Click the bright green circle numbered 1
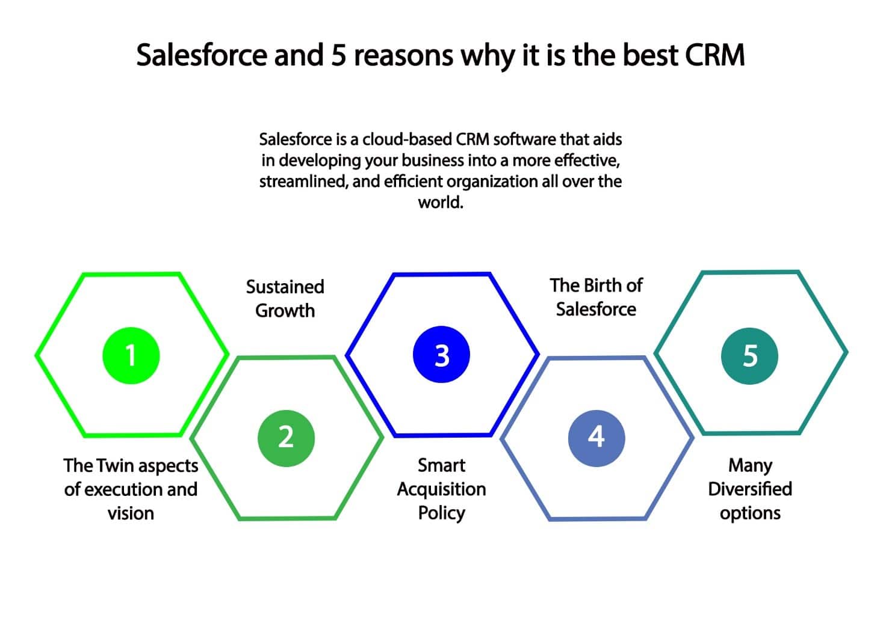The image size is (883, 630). (x=131, y=355)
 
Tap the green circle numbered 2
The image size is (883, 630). (x=286, y=438)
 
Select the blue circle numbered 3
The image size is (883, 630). (x=442, y=355)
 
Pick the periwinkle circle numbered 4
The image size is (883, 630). (x=596, y=438)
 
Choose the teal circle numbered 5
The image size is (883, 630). (x=749, y=356)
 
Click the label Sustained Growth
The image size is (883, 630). (x=285, y=298)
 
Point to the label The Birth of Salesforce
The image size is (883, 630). (x=596, y=297)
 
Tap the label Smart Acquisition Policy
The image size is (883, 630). (x=442, y=489)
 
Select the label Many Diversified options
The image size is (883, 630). (x=750, y=489)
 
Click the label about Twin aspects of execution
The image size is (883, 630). (x=131, y=489)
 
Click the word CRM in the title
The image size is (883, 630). (x=714, y=55)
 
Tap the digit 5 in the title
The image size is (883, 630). (x=339, y=55)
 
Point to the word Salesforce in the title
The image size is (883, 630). (x=202, y=55)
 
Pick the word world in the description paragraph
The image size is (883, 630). (x=441, y=203)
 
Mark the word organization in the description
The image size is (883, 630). (x=492, y=182)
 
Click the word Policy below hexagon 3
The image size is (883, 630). (x=442, y=513)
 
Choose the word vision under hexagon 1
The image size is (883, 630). (x=131, y=513)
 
